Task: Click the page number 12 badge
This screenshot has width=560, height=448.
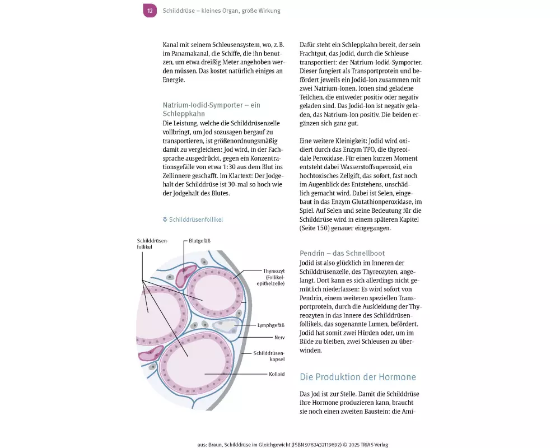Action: pyautogui.click(x=150, y=11)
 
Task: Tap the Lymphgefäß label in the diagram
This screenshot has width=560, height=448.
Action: pyautogui.click(x=271, y=325)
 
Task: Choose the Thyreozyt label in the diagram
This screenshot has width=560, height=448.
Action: pyautogui.click(x=274, y=270)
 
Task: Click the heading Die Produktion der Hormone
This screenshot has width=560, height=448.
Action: pyautogui.click(x=358, y=377)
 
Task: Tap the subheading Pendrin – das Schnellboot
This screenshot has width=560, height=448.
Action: pyautogui.click(x=350, y=253)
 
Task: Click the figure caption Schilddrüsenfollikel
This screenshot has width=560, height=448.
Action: pyautogui.click(x=196, y=220)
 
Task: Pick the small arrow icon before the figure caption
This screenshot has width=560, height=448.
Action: pyautogui.click(x=165, y=220)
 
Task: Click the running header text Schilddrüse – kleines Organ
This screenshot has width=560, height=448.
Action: pyautogui.click(x=221, y=11)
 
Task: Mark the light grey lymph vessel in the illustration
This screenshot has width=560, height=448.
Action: pyautogui.click(x=224, y=326)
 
